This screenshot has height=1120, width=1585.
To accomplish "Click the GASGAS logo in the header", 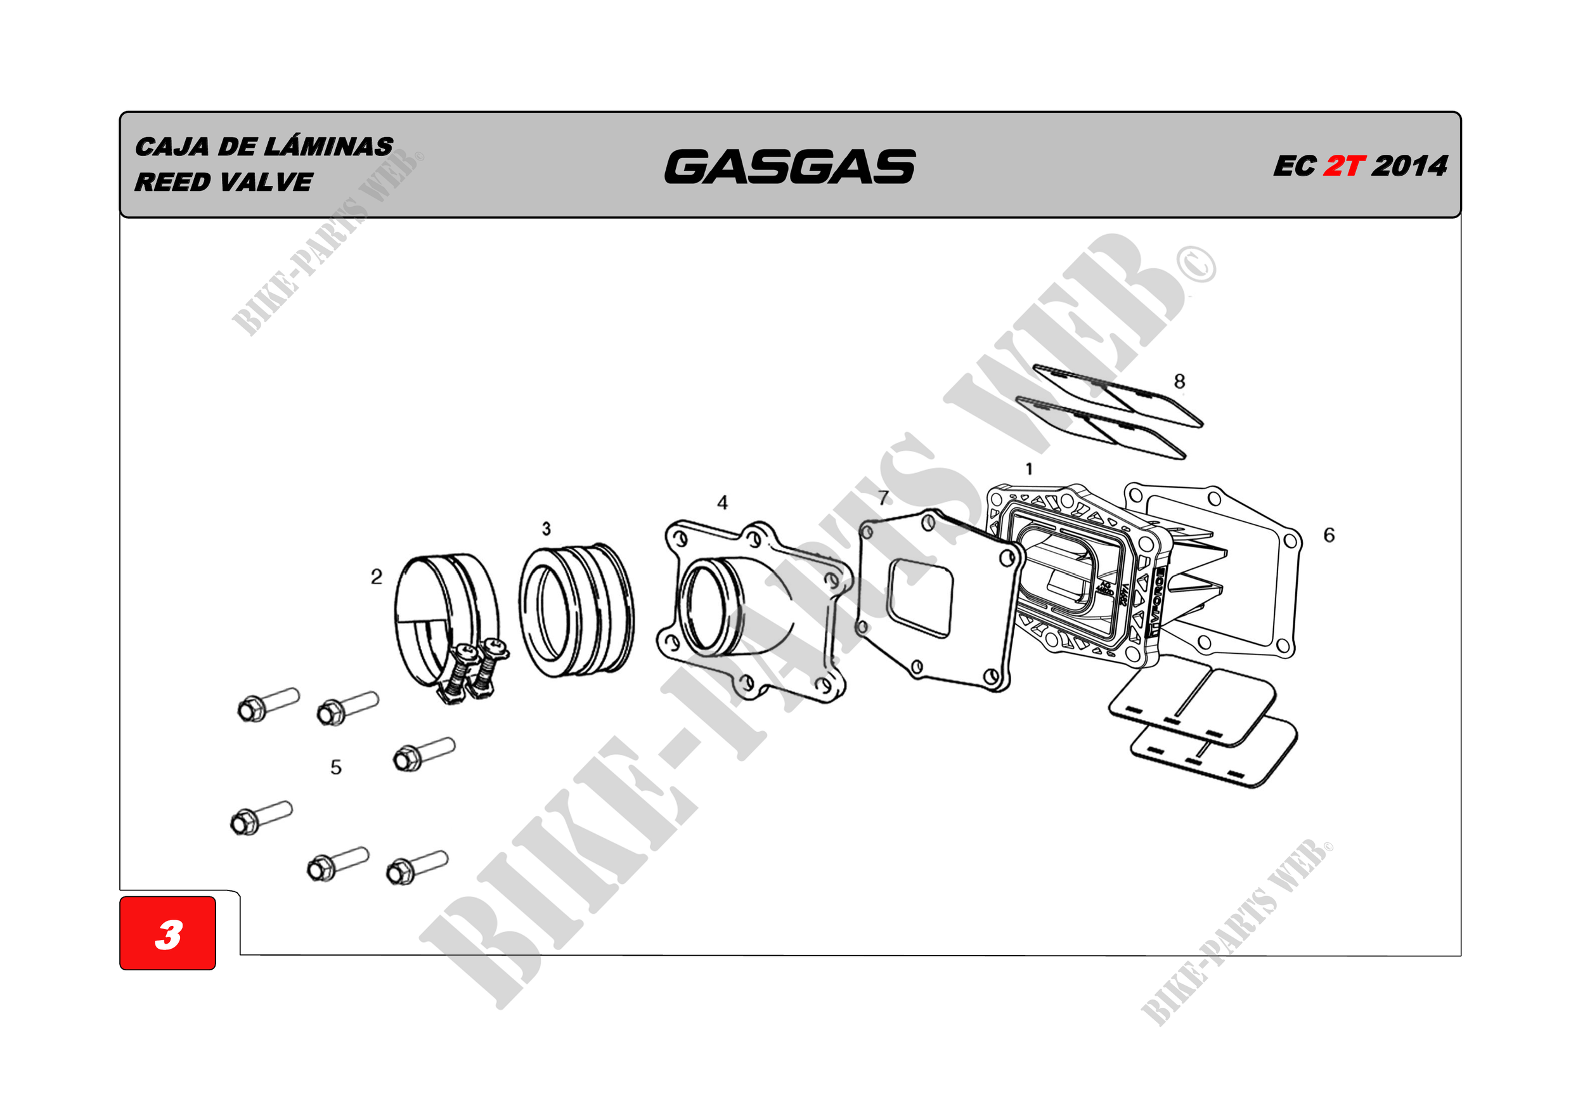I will tap(790, 167).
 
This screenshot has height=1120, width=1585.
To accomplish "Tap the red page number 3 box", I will tap(168, 934).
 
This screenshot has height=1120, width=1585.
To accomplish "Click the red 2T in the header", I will tap(1343, 166).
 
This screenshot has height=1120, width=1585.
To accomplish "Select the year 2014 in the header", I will tap(1409, 166).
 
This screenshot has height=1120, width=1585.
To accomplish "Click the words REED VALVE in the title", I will tap(224, 182).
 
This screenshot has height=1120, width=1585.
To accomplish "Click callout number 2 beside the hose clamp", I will tap(376, 576).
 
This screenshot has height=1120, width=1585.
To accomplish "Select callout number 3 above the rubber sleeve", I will tap(546, 529).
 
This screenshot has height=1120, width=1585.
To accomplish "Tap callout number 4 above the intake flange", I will tap(722, 503).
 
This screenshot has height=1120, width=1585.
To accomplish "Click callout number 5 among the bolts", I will tap(335, 767).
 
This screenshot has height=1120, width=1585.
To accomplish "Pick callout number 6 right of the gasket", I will tap(1329, 535).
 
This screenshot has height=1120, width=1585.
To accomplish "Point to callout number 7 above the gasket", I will tap(884, 497).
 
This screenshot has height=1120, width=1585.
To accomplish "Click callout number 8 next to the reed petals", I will tap(1180, 381).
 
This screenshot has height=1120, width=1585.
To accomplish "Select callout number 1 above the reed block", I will tap(1029, 469).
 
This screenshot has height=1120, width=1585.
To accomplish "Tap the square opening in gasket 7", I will tap(920, 597).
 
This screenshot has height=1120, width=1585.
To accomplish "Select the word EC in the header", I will tap(1295, 166).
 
